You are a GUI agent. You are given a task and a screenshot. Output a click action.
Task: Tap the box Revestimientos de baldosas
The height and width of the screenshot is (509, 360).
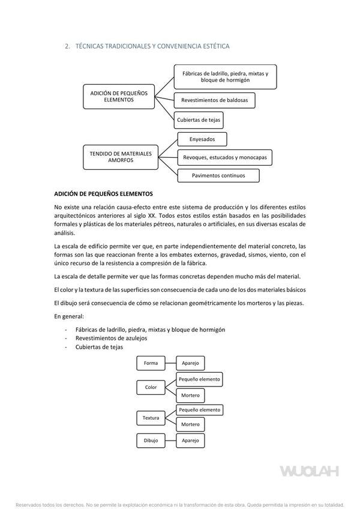coord(214,100)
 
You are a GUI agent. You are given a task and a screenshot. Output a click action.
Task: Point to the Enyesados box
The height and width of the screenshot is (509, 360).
coord(203,139)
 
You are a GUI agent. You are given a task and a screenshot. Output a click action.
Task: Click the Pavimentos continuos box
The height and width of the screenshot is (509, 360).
coord(218,176)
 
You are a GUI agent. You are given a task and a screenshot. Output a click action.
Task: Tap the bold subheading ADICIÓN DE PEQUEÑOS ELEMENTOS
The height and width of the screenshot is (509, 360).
coord(103,194)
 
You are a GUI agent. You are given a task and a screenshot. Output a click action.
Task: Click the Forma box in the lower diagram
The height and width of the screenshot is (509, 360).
coord(151,363)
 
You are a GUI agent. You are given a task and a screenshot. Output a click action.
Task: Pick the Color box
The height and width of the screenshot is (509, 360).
coord(151,387)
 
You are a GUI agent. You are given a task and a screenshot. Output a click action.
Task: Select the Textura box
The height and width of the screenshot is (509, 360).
coord(151,417)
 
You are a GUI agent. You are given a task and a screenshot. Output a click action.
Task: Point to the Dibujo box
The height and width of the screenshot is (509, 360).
coord(151,440)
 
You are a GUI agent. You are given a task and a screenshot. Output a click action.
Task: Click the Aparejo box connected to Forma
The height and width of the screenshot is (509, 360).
coord(190,363)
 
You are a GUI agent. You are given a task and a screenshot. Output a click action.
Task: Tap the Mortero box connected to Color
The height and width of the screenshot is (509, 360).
coord(190,396)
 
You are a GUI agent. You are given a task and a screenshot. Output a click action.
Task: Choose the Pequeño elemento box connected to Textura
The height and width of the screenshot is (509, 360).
coord(199,409)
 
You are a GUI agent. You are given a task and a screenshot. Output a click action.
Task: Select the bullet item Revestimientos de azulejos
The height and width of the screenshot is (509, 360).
coord(111,338)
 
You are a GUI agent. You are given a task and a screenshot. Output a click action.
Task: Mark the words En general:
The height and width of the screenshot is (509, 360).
coord(69,316)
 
